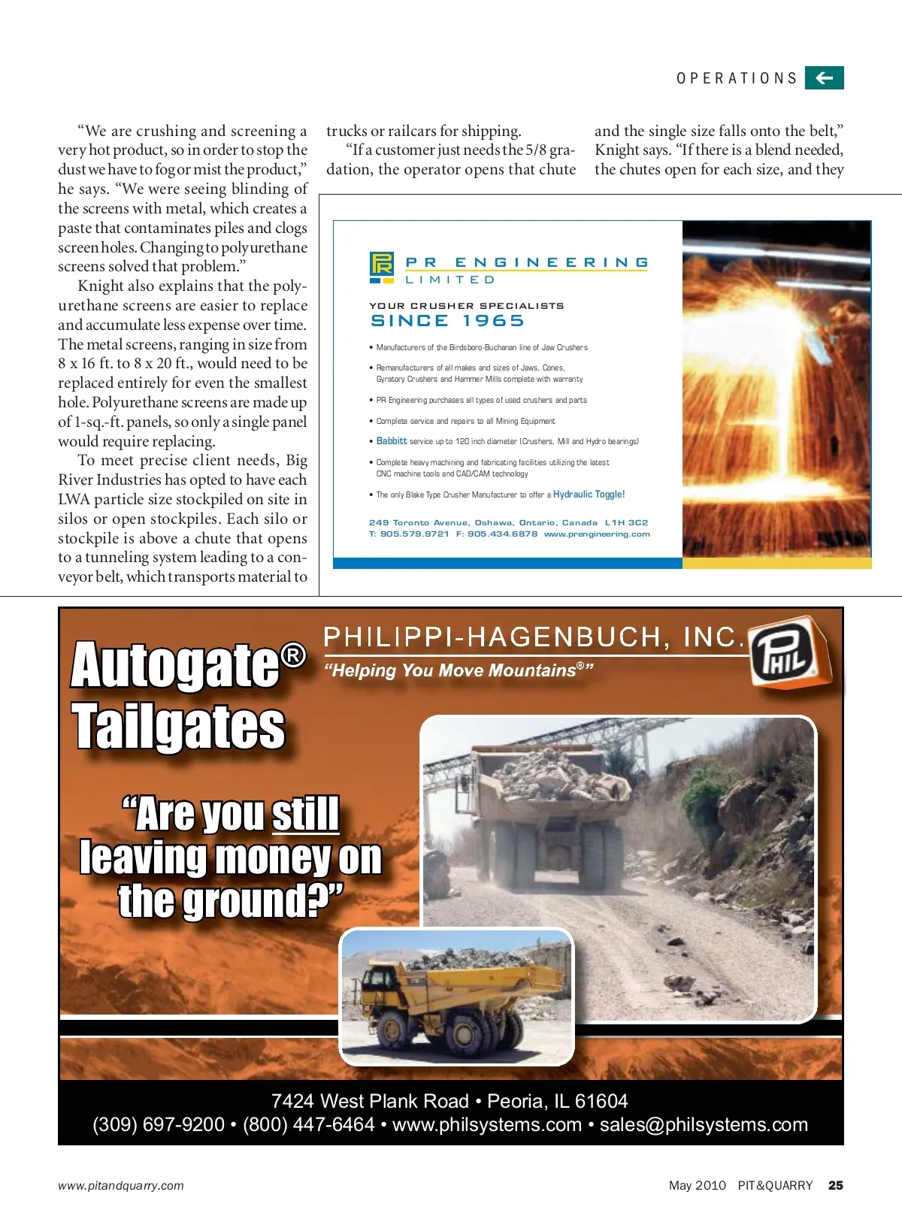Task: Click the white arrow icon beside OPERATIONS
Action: pyautogui.click(x=824, y=77)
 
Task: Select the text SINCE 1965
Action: pyautogui.click(x=447, y=321)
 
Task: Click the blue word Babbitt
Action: pyautogui.click(x=392, y=441)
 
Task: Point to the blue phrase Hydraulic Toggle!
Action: pyautogui.click(x=589, y=495)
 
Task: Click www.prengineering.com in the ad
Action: pyautogui.click(x=597, y=534)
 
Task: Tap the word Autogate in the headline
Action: pyautogui.click(x=175, y=665)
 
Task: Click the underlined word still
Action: pyautogui.click(x=305, y=814)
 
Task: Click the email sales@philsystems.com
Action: pyautogui.click(x=704, y=1124)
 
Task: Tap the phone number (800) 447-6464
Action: pyautogui.click(x=308, y=1124)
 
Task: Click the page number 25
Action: pyautogui.click(x=835, y=1185)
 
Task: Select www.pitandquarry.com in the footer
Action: pyautogui.click(x=121, y=1186)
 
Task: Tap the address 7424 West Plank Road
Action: pyautogui.click(x=370, y=1101)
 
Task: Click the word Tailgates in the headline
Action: pyautogui.click(x=179, y=727)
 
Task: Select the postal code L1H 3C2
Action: pyautogui.click(x=626, y=522)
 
